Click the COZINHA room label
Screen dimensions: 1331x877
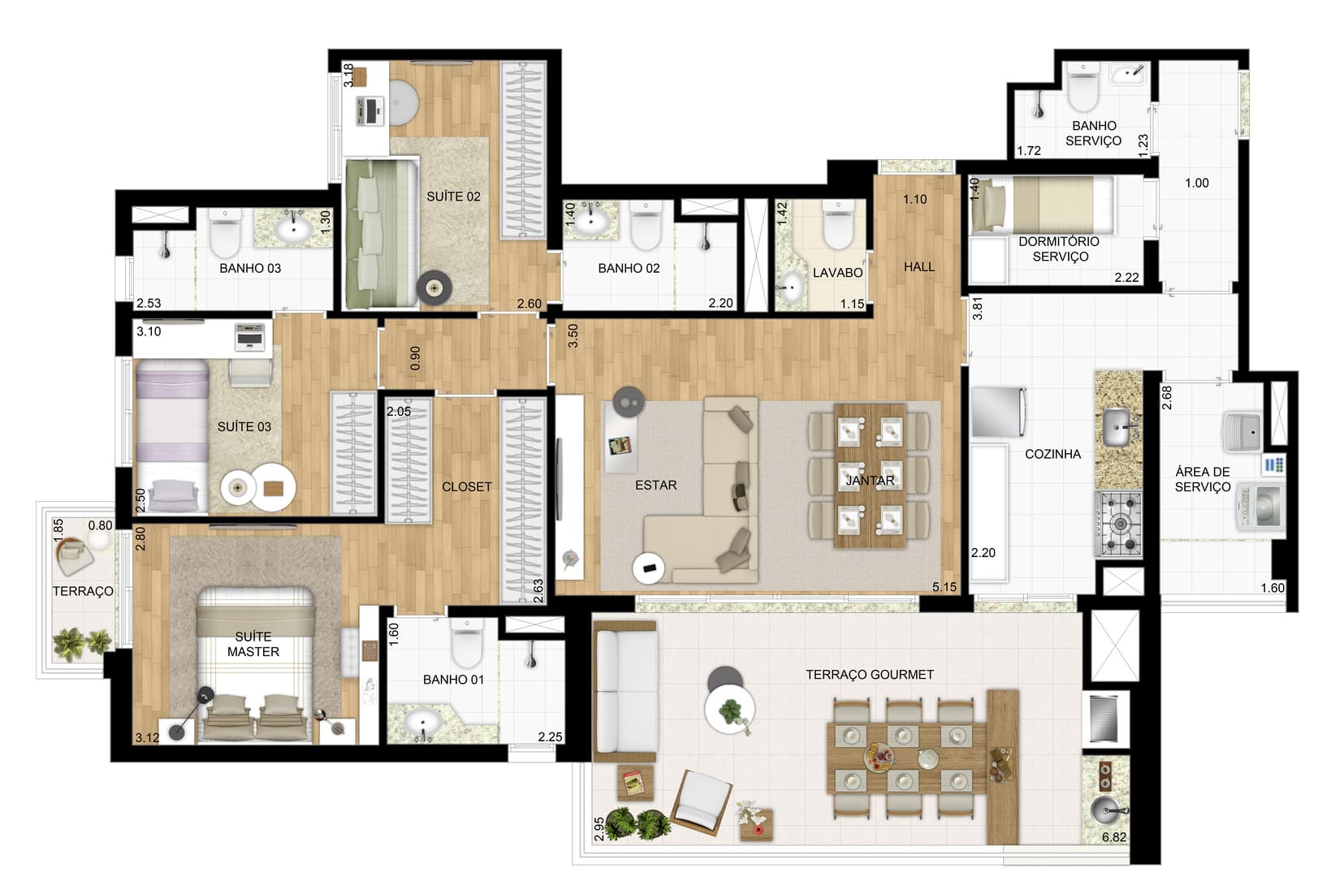tap(1052, 454)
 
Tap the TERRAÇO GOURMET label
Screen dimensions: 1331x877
tap(869, 674)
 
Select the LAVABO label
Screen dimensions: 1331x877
tap(837, 273)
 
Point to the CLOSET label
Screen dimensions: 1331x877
tap(466, 486)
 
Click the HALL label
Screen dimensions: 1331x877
tap(918, 267)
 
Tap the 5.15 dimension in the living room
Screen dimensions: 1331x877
tap(944, 587)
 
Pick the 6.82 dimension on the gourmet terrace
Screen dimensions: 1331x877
tap(1114, 837)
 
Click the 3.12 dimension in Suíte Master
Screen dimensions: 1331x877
tap(147, 738)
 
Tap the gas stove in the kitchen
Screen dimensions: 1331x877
tap(1119, 524)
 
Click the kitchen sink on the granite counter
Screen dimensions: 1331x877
tap(1117, 426)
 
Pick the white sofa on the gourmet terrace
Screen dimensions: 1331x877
tap(625, 692)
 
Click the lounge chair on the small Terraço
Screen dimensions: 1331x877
tap(74, 557)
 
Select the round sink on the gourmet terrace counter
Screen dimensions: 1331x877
tap(1106, 810)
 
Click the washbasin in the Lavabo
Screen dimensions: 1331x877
tap(789, 288)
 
